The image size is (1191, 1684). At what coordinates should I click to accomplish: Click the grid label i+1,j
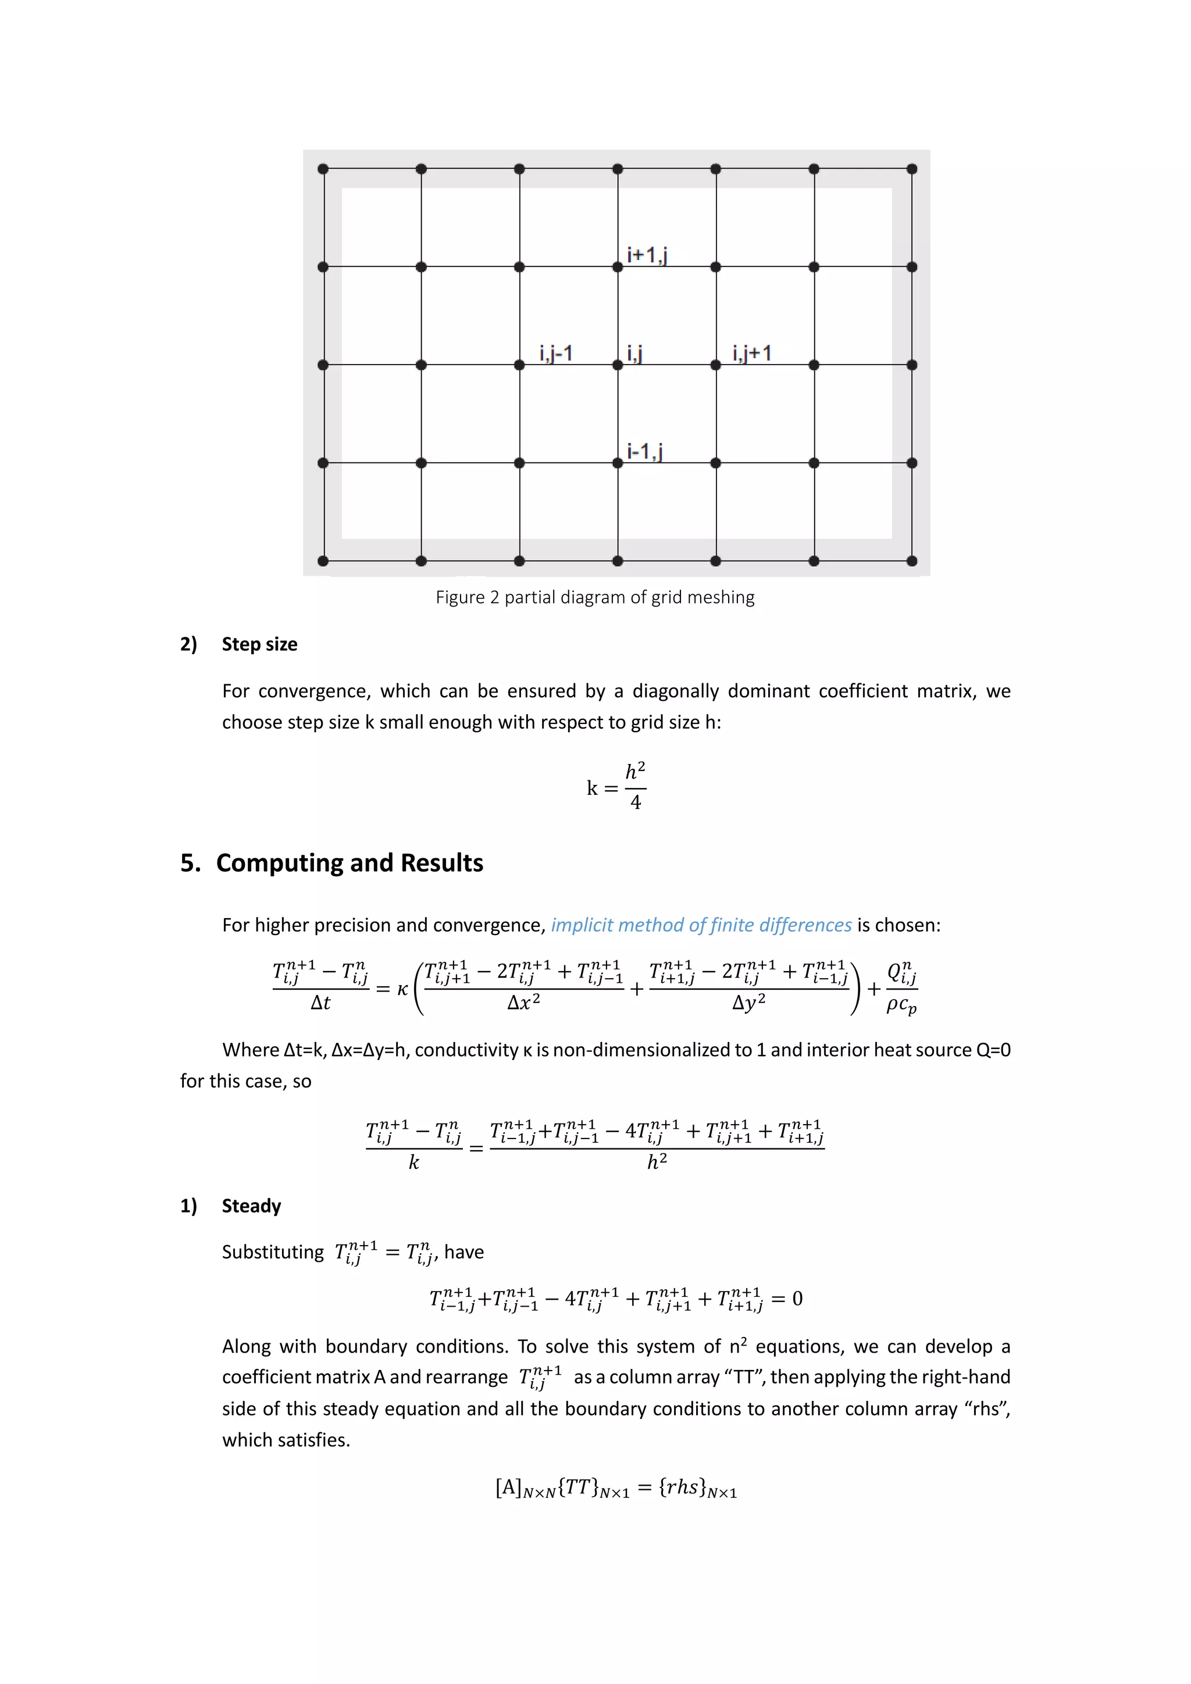pos(646,255)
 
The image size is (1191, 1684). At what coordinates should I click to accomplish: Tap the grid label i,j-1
pos(555,354)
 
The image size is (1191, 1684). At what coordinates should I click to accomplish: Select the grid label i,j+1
pos(752,354)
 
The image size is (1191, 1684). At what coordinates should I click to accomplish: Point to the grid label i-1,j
pos(644,451)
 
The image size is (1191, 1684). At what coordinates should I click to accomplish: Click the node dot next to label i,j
pos(618,365)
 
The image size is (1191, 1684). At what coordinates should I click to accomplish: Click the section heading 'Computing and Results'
pos(349,862)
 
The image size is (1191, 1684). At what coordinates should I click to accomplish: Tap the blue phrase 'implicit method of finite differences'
pos(701,925)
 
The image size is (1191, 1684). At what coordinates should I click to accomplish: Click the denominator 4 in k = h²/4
pos(636,803)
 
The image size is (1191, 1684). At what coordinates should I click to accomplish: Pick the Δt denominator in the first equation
pos(320,1002)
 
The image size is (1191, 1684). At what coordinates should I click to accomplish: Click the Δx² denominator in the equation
pos(523,1002)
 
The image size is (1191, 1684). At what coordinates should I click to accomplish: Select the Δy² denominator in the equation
pos(749,1002)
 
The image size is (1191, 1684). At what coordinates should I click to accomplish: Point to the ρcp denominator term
pos(901,1005)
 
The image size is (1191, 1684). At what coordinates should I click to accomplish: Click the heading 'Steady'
pos(252,1206)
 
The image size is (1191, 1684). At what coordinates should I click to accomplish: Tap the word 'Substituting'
pos(272,1252)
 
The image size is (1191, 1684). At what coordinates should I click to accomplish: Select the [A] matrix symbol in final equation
pos(508,1487)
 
